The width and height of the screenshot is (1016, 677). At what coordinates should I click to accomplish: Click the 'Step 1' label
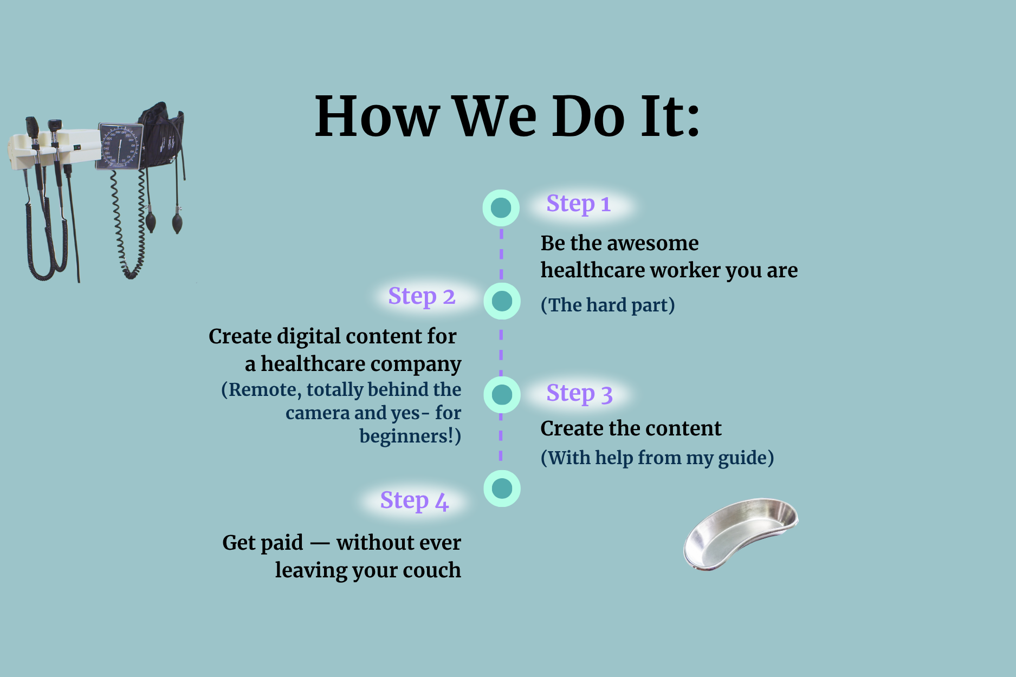tap(578, 204)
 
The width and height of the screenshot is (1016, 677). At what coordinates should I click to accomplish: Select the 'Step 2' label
tap(422, 297)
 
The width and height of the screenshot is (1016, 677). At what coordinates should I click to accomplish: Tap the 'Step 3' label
tap(579, 394)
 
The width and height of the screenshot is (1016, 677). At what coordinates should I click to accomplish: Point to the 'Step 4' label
tap(415, 501)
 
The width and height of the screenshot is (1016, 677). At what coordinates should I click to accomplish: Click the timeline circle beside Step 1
tap(501, 208)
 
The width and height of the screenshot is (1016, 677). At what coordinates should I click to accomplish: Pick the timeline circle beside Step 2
tap(502, 301)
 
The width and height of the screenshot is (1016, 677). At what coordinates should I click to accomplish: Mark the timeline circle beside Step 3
tap(502, 394)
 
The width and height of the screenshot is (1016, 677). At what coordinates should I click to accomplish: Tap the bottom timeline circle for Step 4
tap(502, 489)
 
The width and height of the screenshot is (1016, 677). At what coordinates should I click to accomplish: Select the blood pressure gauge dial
tap(120, 146)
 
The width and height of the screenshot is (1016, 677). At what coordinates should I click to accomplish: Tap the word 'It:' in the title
tap(670, 116)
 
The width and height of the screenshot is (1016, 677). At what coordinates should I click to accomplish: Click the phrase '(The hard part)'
tap(608, 305)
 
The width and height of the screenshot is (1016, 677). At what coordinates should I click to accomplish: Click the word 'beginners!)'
tap(410, 436)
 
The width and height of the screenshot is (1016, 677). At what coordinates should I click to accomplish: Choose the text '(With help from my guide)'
tap(657, 458)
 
